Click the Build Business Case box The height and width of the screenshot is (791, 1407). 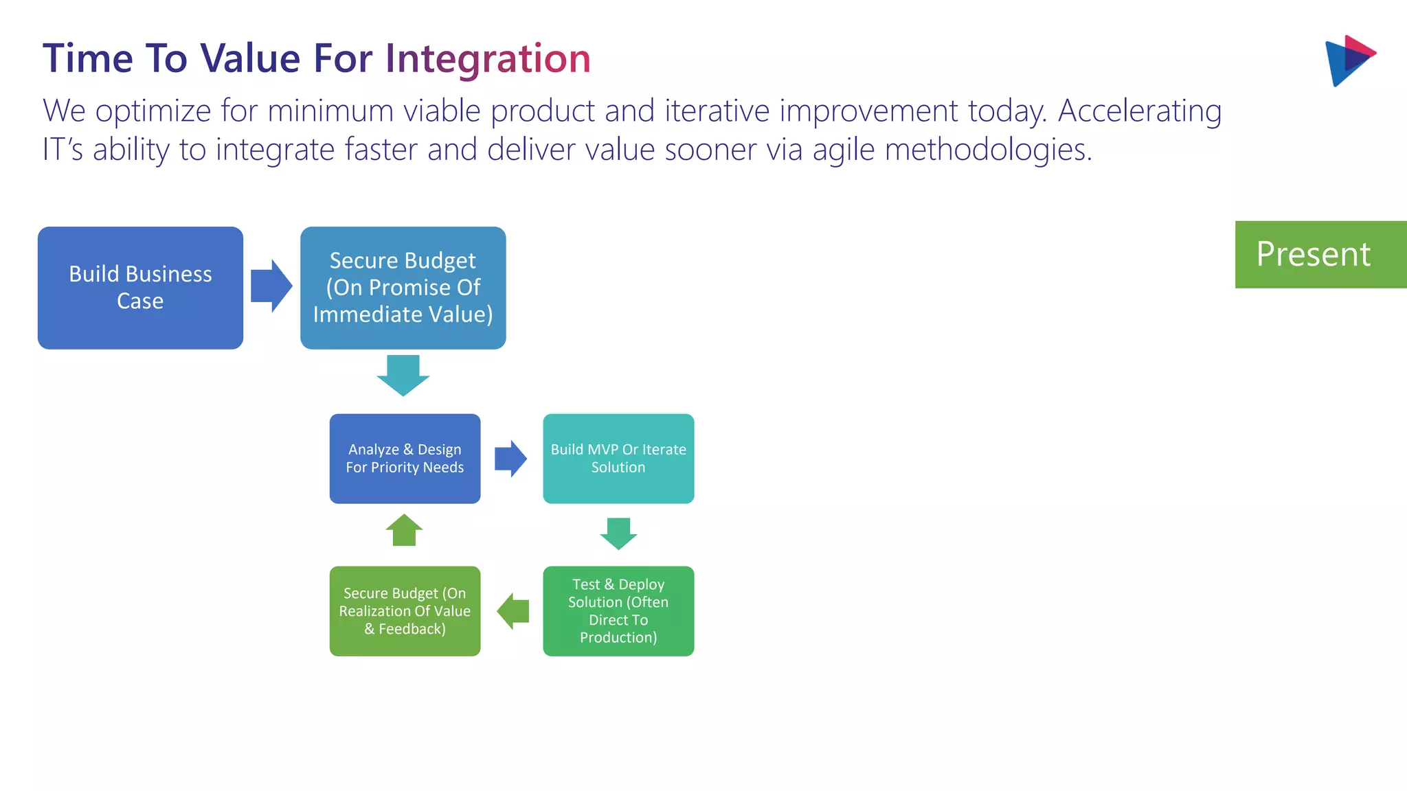click(x=140, y=288)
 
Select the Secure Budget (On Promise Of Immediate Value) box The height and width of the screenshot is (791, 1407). click(x=403, y=288)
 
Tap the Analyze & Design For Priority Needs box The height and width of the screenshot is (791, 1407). click(x=405, y=459)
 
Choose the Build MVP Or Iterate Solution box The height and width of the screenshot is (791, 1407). click(x=618, y=459)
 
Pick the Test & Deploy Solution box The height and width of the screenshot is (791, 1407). click(x=618, y=611)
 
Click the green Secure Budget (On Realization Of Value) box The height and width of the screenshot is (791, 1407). click(x=405, y=611)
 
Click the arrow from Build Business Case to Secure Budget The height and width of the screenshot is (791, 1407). click(x=271, y=286)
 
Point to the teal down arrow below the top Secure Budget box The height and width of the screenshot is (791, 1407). click(x=403, y=375)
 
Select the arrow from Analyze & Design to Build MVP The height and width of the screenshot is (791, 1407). click(x=510, y=459)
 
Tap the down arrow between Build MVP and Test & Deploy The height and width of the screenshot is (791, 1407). click(x=618, y=534)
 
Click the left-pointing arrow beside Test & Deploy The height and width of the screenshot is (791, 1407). click(x=513, y=611)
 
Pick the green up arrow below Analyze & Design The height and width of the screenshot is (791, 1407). click(x=404, y=531)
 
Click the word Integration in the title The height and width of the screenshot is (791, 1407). click(x=488, y=58)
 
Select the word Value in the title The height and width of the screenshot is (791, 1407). click(x=250, y=58)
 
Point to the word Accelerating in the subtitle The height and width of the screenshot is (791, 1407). click(x=1140, y=111)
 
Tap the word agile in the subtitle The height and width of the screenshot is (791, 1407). click(x=844, y=150)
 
